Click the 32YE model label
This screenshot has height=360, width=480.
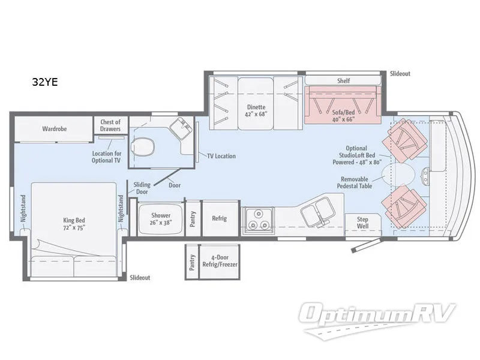coord(45,83)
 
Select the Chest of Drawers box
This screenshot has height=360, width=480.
coord(110,125)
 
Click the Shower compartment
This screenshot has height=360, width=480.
coord(160,219)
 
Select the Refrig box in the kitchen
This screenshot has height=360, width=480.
coord(220,218)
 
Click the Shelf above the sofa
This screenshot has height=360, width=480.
coord(343,80)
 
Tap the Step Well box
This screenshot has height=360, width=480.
coord(362,223)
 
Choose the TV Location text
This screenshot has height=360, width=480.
coord(221,156)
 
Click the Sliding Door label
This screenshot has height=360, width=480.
coord(142,188)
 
